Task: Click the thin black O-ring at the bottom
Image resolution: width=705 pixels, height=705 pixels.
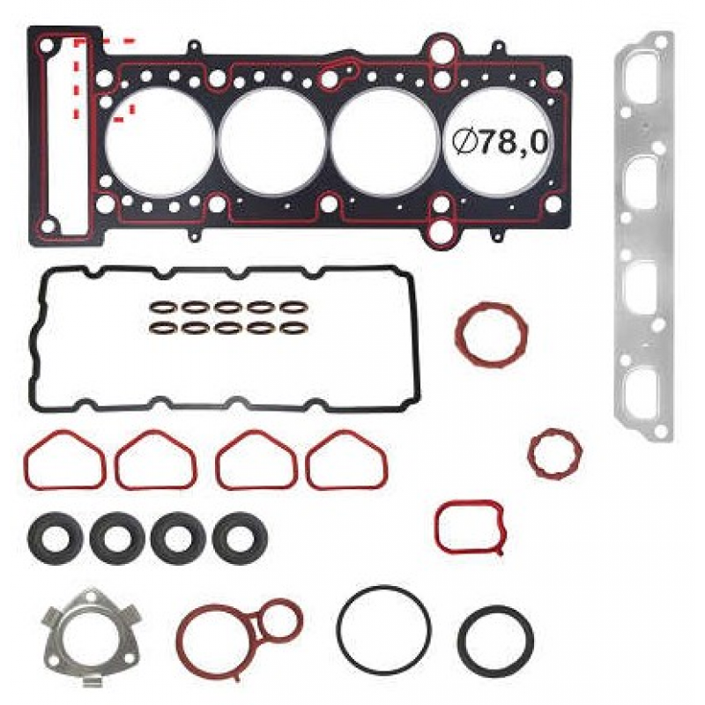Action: tap(384, 630)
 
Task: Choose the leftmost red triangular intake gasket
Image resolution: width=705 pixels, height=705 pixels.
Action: tap(65, 460)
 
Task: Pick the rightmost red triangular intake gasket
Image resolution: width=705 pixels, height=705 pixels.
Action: tap(345, 460)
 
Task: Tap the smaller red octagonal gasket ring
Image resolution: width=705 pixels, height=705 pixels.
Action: tap(554, 452)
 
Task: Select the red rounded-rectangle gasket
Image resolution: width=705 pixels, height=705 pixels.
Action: tap(470, 526)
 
